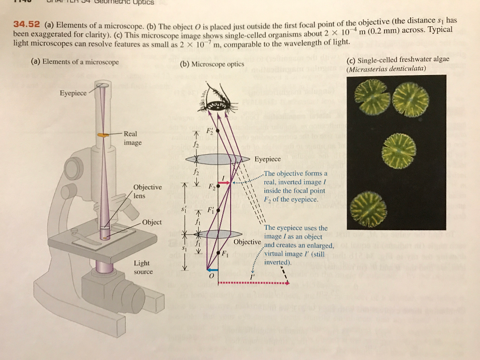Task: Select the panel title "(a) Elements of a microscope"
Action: pyautogui.click(x=75, y=62)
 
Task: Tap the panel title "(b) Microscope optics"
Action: pyautogui.click(x=212, y=64)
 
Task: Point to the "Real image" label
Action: pyautogui.click(x=131, y=138)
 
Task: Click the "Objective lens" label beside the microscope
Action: pyautogui.click(x=147, y=191)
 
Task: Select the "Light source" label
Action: pyautogui.click(x=142, y=267)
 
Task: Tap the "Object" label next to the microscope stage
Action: pyautogui.click(x=152, y=222)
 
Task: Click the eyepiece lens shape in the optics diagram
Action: pyautogui.click(x=218, y=159)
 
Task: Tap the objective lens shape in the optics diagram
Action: pyautogui.click(x=218, y=234)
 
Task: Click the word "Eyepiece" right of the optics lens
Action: pyautogui.click(x=267, y=159)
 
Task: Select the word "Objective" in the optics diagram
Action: pyautogui.click(x=247, y=242)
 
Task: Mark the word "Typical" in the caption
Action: pyautogui.click(x=440, y=30)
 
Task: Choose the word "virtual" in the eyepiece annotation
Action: pyautogui.click(x=277, y=254)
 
